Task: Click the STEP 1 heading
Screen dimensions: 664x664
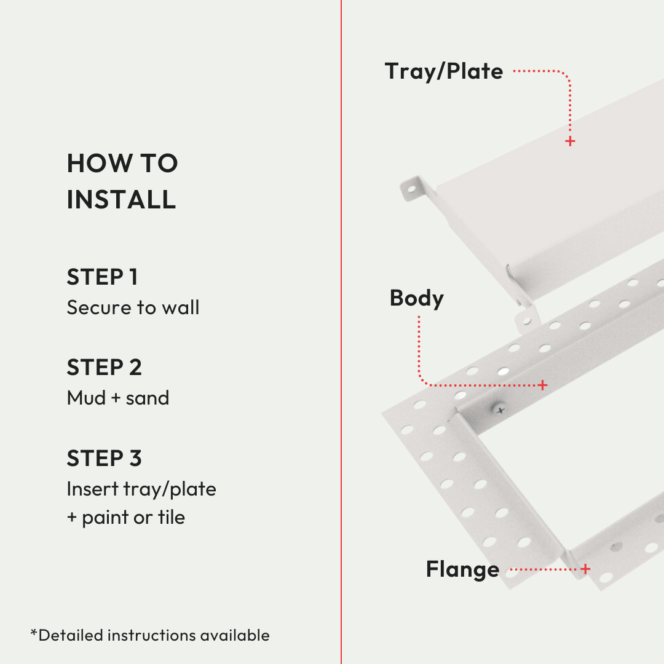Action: tap(102, 277)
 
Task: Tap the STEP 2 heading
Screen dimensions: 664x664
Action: tap(104, 367)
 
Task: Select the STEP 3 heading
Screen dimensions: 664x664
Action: tap(104, 458)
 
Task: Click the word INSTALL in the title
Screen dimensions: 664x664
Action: tap(121, 199)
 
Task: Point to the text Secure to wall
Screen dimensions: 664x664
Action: tap(133, 307)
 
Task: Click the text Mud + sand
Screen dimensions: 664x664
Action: tap(118, 398)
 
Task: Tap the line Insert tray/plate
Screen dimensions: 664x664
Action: tap(141, 489)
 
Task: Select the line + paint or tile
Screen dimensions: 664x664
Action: tap(126, 518)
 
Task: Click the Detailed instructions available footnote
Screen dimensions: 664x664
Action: tap(150, 635)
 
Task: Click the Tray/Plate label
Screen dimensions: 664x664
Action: tap(444, 71)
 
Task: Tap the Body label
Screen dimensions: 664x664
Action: tap(417, 298)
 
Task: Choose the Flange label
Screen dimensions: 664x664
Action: tap(462, 569)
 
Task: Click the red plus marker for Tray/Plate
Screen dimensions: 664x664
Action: tap(570, 141)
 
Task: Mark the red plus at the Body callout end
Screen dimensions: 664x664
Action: tap(542, 385)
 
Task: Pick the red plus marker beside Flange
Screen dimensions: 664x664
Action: tap(585, 569)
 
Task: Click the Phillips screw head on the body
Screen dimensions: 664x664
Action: tap(500, 409)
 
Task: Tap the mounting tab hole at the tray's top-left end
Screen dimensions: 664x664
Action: tap(411, 189)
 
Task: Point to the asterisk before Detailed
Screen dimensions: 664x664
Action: tap(34, 633)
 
